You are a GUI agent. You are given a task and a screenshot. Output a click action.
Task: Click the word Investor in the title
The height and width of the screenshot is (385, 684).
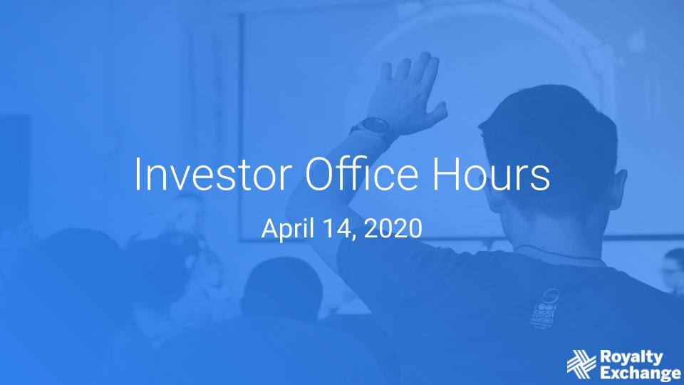tap(213, 174)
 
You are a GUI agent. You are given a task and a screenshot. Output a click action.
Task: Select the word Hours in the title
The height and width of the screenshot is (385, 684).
tap(491, 174)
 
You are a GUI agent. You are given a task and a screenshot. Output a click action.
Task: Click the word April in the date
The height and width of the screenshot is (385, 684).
tap(288, 228)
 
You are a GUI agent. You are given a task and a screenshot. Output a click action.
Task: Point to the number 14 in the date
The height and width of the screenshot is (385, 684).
tap(337, 228)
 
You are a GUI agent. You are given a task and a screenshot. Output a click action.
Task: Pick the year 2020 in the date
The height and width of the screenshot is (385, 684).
tap(393, 228)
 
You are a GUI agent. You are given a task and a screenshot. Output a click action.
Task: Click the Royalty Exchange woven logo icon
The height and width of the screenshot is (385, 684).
tap(581, 364)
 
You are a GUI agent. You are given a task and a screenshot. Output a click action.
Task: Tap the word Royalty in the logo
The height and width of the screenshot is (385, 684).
tap(631, 356)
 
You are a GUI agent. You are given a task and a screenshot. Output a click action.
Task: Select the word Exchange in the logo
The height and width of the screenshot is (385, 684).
tap(641, 373)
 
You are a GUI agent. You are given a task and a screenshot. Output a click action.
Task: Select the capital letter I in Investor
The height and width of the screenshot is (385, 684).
tap(138, 174)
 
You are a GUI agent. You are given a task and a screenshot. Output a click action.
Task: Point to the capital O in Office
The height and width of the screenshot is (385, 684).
tap(320, 174)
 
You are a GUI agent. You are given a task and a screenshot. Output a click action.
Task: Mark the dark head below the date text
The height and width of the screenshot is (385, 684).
tap(282, 287)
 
